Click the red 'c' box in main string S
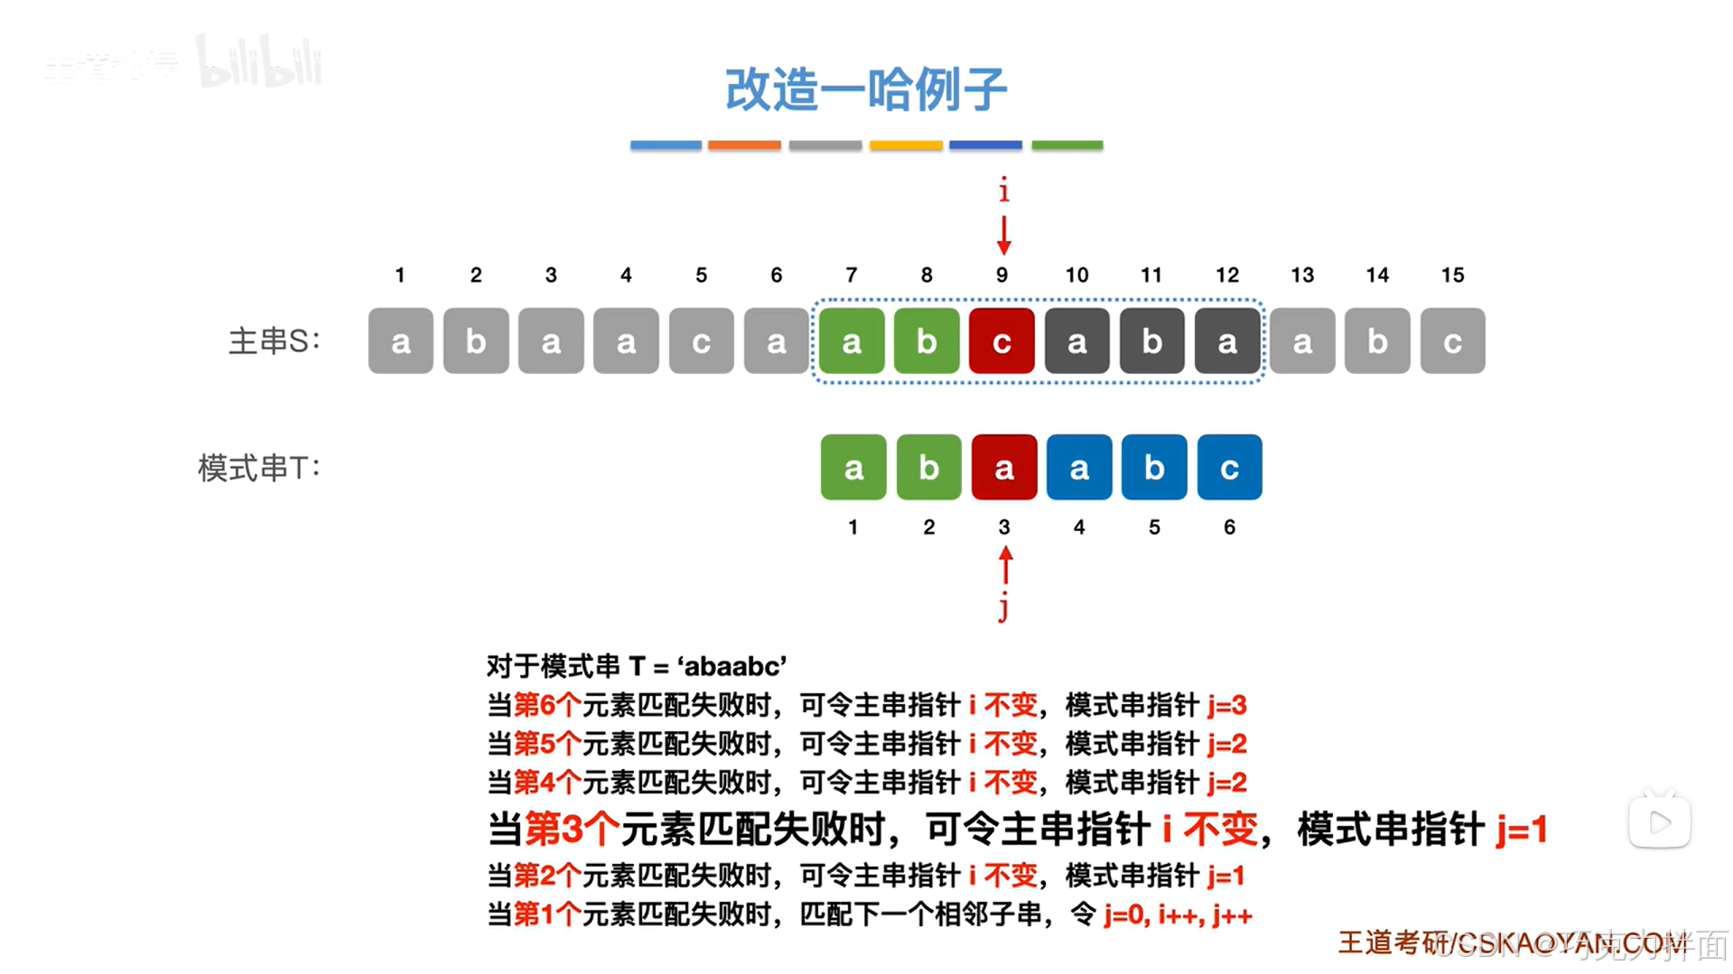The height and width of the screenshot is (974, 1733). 1002,341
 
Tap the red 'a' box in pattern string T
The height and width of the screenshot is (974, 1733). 1003,468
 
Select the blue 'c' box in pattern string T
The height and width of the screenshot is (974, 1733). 1229,468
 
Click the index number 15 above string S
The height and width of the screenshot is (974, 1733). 1452,275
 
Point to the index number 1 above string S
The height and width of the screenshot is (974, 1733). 400,275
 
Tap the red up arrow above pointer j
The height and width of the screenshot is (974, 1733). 1005,566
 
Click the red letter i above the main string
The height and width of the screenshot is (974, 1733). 1003,190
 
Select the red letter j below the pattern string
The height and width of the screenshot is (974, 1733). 1003,608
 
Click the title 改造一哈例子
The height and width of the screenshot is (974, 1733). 865,89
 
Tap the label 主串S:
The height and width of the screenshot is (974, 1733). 275,341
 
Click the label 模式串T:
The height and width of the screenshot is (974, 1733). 259,468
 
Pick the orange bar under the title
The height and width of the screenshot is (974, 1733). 744,144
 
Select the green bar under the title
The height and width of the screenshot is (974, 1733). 1067,144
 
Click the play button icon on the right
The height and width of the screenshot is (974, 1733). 1659,821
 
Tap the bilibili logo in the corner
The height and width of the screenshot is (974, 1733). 259,63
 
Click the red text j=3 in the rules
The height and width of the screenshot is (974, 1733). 1226,705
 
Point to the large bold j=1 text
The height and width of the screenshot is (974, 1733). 1522,829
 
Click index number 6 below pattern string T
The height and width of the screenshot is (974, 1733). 1229,527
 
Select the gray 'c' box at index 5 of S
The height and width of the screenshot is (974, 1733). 701,341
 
